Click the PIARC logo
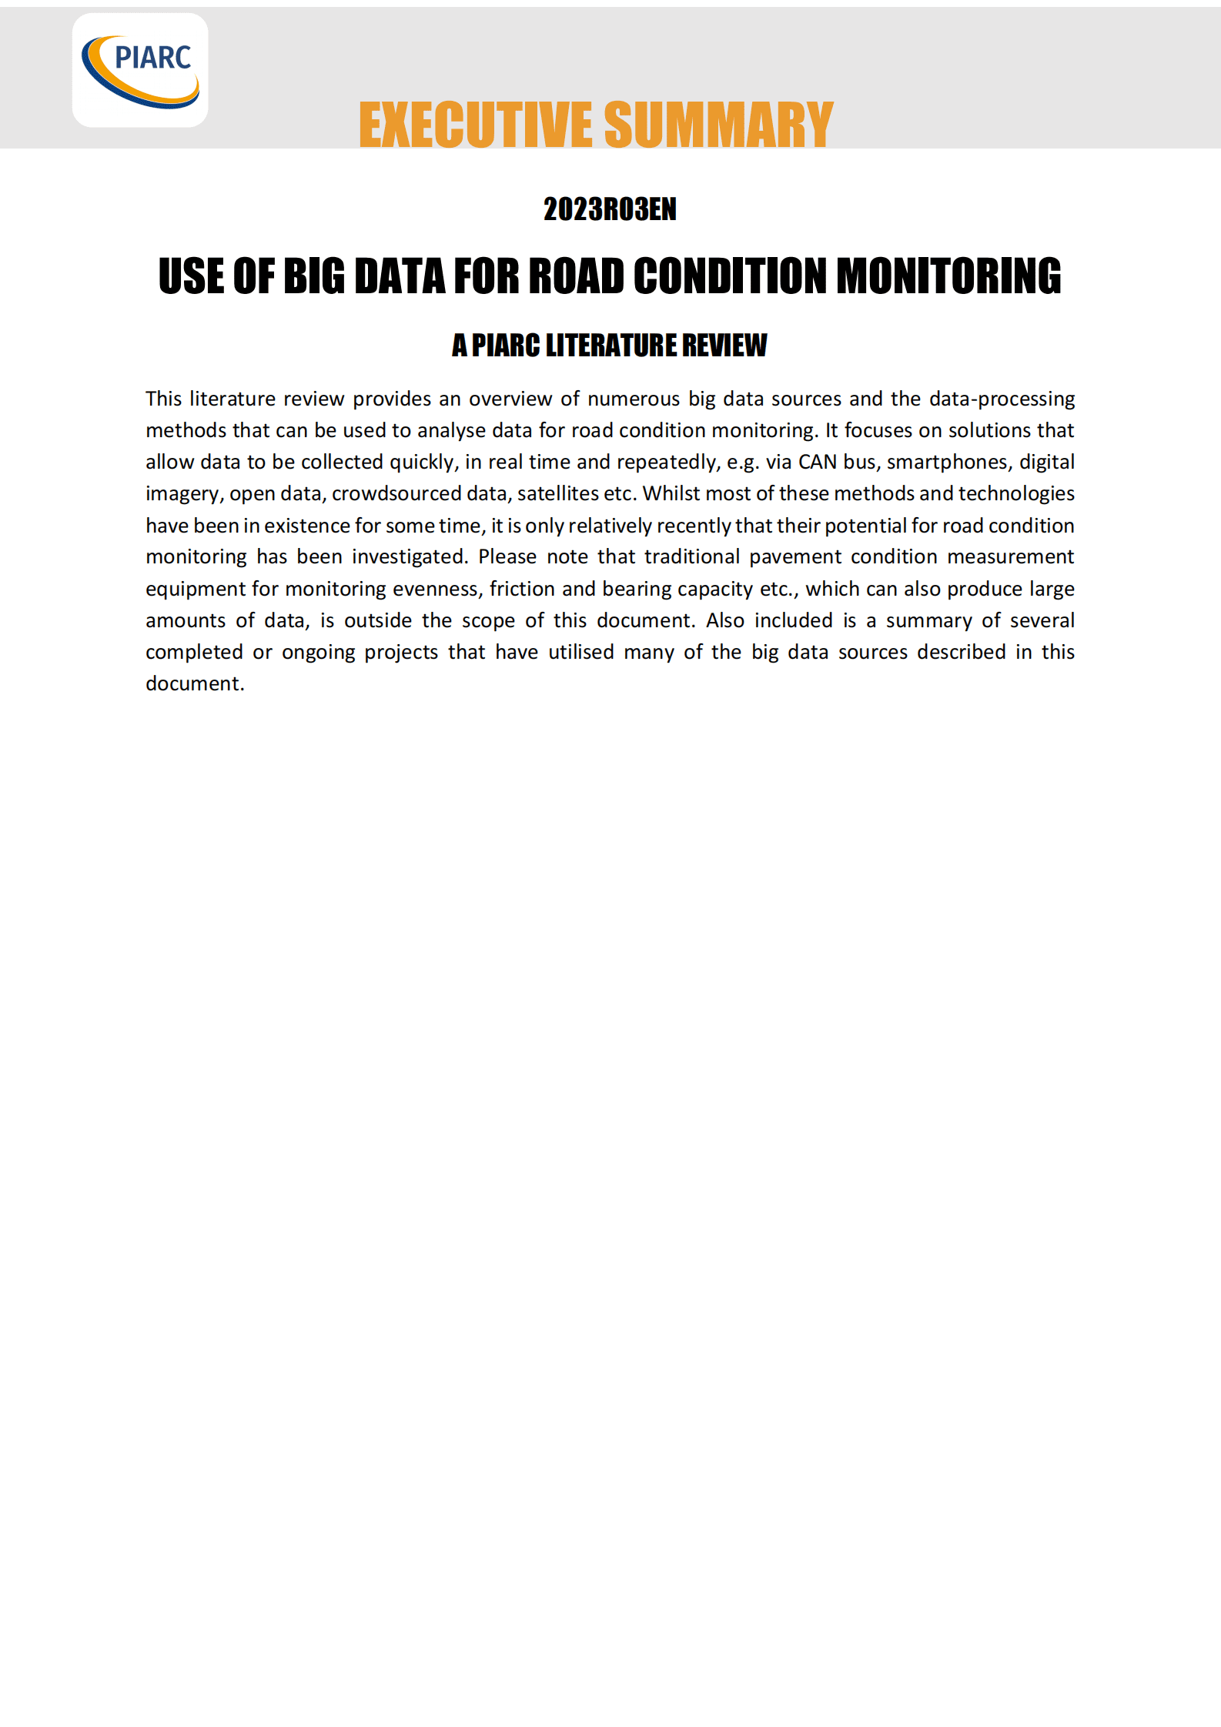pyautogui.click(x=140, y=70)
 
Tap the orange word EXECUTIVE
pyautogui.click(x=475, y=125)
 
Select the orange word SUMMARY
pyautogui.click(x=718, y=125)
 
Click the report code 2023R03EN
pyautogui.click(x=610, y=209)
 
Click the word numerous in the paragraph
pyautogui.click(x=634, y=399)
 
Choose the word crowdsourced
pyautogui.click(x=396, y=493)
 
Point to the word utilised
pyautogui.click(x=581, y=652)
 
